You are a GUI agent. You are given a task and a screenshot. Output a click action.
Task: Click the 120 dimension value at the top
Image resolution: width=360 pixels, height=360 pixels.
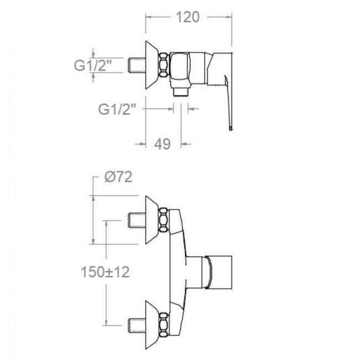click(188, 17)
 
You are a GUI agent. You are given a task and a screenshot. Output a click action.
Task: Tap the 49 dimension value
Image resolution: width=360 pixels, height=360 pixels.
click(162, 144)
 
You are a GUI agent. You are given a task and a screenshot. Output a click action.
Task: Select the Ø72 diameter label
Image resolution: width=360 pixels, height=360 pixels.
click(119, 177)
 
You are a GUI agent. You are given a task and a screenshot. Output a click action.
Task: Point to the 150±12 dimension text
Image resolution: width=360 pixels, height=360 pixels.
click(105, 272)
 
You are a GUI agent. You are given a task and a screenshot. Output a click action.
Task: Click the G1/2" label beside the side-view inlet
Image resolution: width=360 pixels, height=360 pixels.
click(92, 65)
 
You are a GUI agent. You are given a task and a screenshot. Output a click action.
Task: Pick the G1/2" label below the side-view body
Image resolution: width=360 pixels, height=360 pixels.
click(117, 109)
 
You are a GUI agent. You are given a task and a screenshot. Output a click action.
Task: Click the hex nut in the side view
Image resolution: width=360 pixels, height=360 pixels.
click(164, 65)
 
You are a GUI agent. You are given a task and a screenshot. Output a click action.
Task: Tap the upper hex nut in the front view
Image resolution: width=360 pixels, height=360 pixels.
click(164, 219)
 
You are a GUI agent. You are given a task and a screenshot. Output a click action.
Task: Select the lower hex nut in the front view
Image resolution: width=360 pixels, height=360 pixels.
click(164, 325)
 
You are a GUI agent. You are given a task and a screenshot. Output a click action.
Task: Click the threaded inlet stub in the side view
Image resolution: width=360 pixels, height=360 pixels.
click(137, 65)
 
